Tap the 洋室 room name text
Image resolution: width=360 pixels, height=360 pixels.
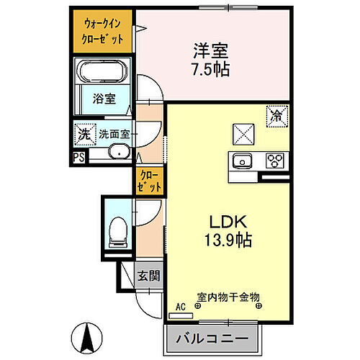210,51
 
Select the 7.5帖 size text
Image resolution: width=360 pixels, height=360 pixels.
210,69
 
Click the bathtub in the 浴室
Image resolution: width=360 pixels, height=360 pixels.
102,72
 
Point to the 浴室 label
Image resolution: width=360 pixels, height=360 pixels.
102,100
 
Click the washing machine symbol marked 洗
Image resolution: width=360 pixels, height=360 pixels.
84,134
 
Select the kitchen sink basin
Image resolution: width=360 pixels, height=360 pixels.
243,161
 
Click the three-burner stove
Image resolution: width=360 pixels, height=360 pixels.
274,161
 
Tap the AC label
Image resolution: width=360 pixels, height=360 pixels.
181,307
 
